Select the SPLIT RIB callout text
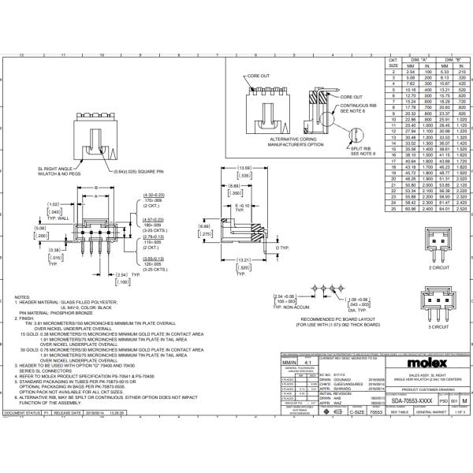click(362, 148)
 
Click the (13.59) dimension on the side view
click(244, 168)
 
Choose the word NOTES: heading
click(23, 297)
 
